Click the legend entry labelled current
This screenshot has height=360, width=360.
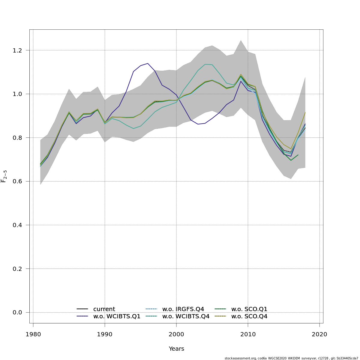(x=104, y=309)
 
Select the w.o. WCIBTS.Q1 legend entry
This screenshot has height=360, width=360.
(x=117, y=316)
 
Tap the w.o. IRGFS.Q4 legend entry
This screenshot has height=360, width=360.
(x=183, y=309)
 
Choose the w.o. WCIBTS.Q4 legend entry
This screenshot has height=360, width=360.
(x=186, y=316)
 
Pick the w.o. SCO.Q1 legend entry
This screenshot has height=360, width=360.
(x=249, y=309)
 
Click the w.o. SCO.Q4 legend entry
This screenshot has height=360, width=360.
(x=249, y=316)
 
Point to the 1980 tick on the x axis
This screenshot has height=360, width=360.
(x=33, y=334)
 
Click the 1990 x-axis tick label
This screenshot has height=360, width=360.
(x=105, y=334)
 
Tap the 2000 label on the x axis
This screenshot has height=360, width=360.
(x=176, y=334)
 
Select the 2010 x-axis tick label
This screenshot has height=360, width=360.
(x=248, y=334)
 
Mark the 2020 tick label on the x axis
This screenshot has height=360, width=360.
(x=319, y=334)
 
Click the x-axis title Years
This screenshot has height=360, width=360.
(x=176, y=349)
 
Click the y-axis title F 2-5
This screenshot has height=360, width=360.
(x=4, y=176)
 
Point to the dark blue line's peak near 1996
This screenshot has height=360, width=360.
(x=148, y=63)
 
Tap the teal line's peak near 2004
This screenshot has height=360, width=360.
(x=205, y=64)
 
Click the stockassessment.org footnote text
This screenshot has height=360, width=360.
(x=291, y=358)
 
